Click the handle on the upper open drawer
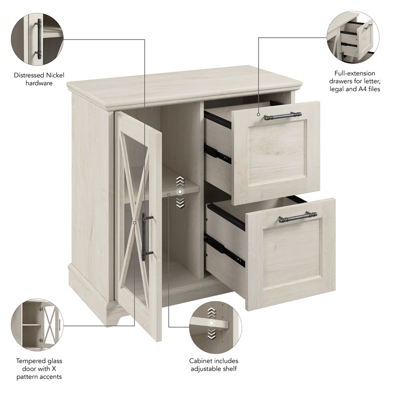click(282, 116)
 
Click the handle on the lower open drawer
click(297, 217)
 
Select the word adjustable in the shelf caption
click(206, 368)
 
